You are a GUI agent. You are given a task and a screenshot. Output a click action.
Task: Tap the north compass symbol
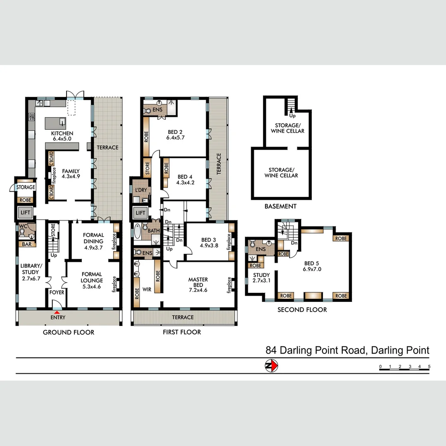coord(271,365)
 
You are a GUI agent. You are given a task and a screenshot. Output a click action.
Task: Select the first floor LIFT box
coord(140,213)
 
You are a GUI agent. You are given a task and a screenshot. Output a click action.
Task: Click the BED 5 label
coord(312,266)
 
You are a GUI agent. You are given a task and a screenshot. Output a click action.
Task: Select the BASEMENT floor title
coord(280,206)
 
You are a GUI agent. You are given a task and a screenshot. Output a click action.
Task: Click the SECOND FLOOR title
coord(302,309)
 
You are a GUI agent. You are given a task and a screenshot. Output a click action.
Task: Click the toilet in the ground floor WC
coord(22,232)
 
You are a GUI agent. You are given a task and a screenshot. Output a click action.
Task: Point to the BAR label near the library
coord(26,244)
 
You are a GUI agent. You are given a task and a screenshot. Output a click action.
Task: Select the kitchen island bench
coord(55,123)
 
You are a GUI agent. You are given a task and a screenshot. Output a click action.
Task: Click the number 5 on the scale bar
coord(429,367)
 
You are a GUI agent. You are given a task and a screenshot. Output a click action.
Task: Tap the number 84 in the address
coord(271,351)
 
